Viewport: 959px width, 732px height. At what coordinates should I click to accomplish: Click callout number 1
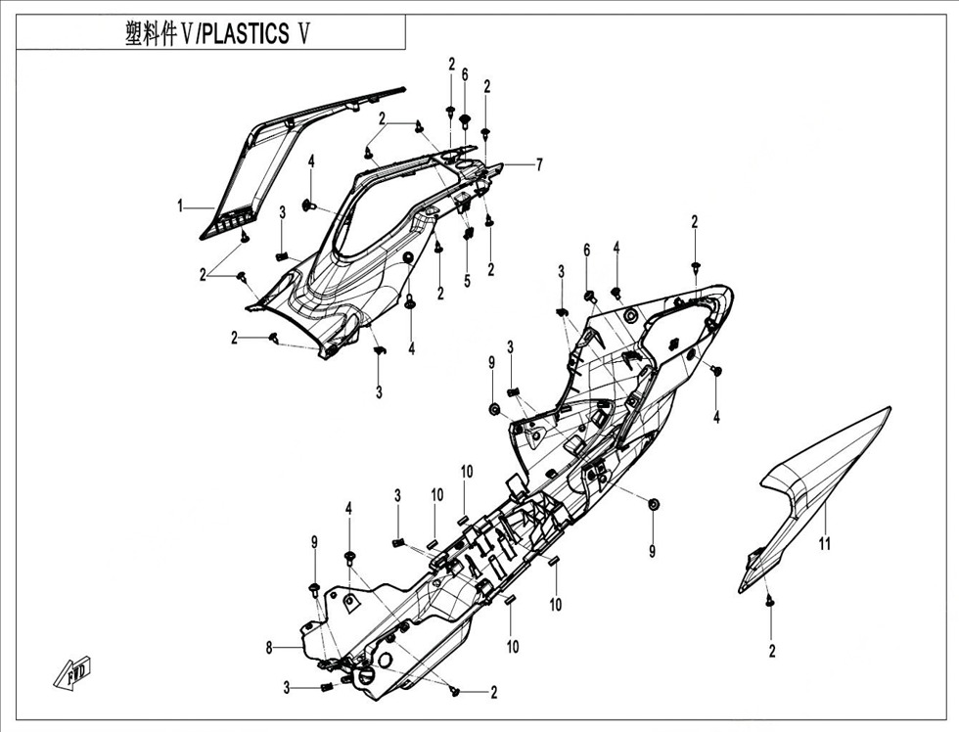click(x=181, y=206)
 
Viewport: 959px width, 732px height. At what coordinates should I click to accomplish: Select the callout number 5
click(x=467, y=280)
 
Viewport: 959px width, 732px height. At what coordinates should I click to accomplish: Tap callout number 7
click(x=538, y=164)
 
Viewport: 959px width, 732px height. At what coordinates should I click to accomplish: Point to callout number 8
click(x=268, y=648)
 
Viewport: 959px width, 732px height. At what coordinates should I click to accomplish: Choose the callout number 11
click(x=824, y=544)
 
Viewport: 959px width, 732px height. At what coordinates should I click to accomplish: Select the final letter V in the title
click(x=304, y=34)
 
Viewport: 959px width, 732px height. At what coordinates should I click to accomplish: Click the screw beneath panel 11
click(x=770, y=601)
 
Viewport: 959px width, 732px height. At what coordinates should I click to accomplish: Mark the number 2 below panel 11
click(x=771, y=651)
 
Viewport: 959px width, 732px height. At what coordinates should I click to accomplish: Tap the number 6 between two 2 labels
click(x=465, y=74)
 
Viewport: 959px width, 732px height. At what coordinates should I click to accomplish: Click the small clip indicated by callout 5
click(x=468, y=234)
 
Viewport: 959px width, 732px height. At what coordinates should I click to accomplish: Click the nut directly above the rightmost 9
click(x=653, y=503)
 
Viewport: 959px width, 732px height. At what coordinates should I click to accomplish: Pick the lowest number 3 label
click(x=287, y=686)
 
